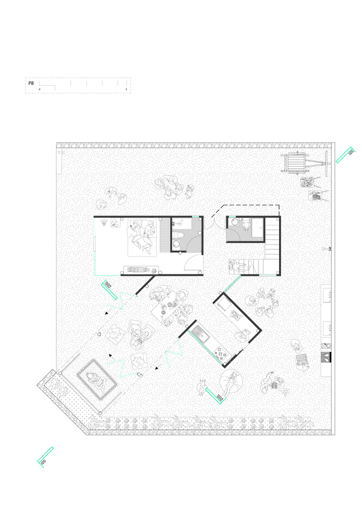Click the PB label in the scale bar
[x=31, y=82]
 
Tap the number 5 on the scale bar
[x=126, y=89]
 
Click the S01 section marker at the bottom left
[x=46, y=457]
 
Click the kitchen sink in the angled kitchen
[x=201, y=337]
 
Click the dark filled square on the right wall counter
[x=326, y=357]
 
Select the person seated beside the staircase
[x=237, y=267]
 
